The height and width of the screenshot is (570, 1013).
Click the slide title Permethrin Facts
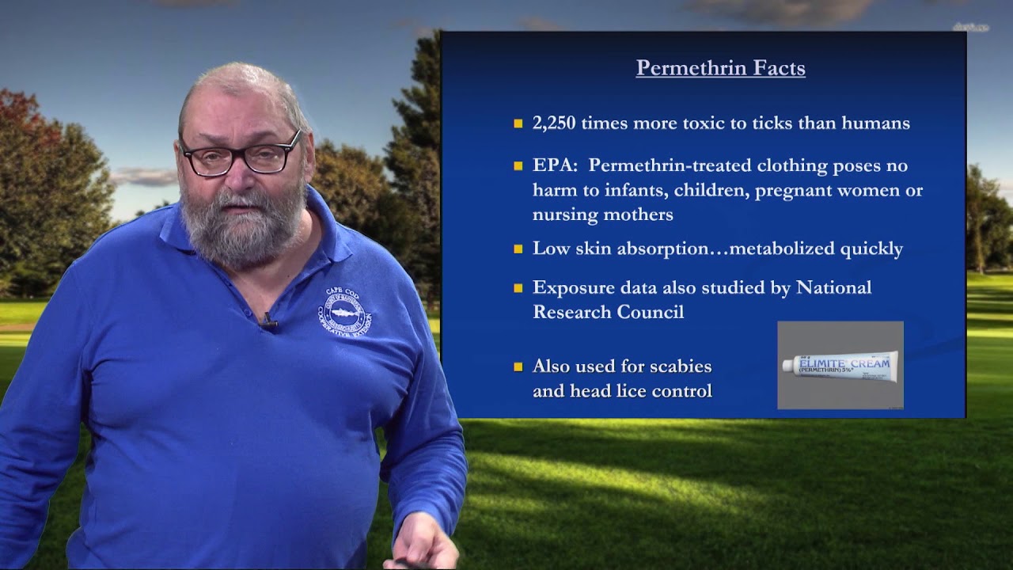(720, 68)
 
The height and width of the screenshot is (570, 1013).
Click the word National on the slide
(833, 287)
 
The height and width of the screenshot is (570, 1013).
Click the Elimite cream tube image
(840, 365)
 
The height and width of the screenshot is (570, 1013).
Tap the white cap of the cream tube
(789, 366)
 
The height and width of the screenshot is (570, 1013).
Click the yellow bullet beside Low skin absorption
(518, 249)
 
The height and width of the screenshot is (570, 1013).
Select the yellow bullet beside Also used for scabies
(518, 367)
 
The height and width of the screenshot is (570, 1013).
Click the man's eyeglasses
(241, 154)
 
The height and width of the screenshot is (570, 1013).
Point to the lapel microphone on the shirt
(269, 321)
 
